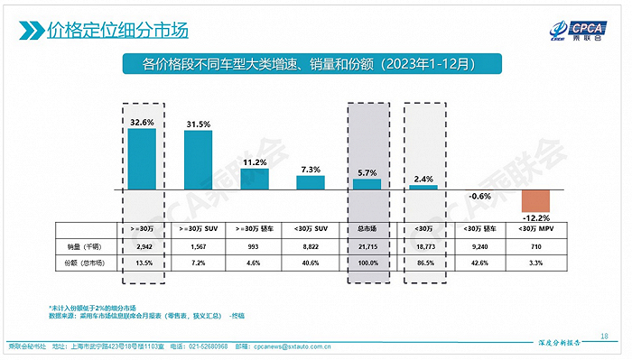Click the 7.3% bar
(x=311, y=182)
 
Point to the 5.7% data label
(x=367, y=171)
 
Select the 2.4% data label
(x=423, y=179)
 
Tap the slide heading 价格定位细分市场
(x=117, y=30)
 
